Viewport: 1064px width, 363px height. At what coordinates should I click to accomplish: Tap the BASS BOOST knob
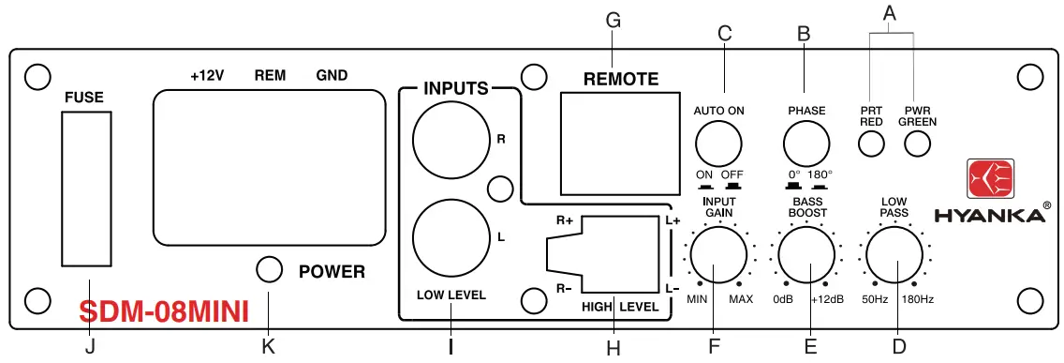[806, 255]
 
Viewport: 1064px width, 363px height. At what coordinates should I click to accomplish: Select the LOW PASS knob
[894, 255]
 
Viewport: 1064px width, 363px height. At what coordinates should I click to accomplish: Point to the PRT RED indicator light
[871, 144]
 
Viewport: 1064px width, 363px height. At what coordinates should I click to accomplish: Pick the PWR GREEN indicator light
[916, 144]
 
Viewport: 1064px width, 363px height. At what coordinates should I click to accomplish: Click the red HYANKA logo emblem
[990, 179]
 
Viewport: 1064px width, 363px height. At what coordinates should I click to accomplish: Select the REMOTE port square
[620, 144]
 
